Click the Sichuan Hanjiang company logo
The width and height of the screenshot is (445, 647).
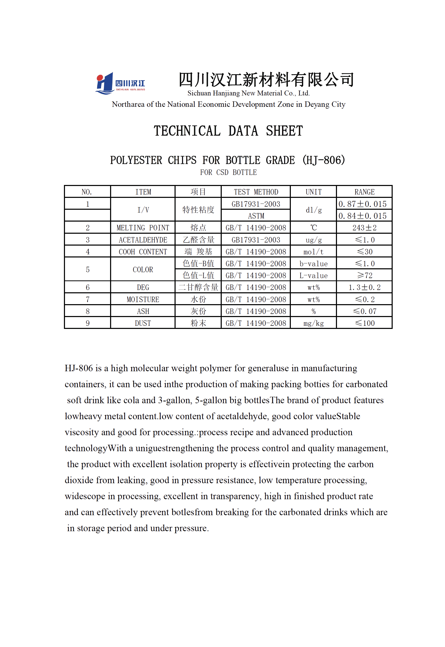pyautogui.click(x=120, y=83)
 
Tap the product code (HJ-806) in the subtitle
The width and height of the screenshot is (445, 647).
pyautogui.click(x=323, y=160)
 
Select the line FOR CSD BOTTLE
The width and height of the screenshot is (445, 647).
pyautogui.click(x=228, y=173)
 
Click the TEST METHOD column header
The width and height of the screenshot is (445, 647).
pyautogui.click(x=256, y=192)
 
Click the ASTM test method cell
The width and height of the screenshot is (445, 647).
pyautogui.click(x=256, y=216)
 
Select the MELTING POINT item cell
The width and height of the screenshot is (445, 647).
pyautogui.click(x=143, y=228)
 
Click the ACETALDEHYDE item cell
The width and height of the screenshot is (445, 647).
pyautogui.click(x=143, y=240)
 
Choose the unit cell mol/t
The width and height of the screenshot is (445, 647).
pyautogui.click(x=314, y=252)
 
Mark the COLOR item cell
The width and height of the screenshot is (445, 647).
pyautogui.click(x=143, y=270)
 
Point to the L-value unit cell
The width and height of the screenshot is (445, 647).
pyautogui.click(x=314, y=276)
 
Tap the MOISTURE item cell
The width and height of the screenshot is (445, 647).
pyautogui.click(x=143, y=300)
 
